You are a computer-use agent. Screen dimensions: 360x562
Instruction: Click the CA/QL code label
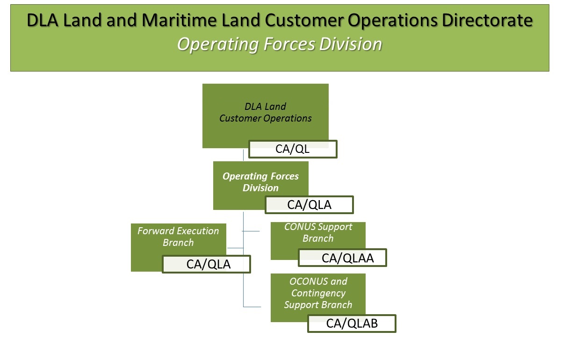tap(293, 150)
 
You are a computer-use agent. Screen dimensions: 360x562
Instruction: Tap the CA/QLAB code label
tap(352, 324)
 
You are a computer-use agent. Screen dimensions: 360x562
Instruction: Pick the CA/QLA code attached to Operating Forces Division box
tap(309, 205)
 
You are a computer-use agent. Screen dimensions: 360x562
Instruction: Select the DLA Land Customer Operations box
tap(265, 113)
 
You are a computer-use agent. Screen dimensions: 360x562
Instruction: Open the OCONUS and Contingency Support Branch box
tap(318, 293)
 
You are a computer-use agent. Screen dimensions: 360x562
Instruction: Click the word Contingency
tap(318, 293)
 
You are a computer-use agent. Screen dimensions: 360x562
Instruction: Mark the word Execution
tap(196, 231)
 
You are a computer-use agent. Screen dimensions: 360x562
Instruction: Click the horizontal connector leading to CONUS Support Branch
tap(251, 231)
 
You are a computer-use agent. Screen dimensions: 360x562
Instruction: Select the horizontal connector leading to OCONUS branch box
tap(252, 307)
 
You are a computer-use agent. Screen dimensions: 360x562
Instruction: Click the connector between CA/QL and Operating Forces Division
tap(243, 155)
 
